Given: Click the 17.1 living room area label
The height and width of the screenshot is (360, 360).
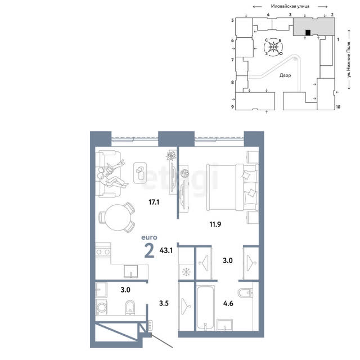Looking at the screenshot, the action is tap(154, 202).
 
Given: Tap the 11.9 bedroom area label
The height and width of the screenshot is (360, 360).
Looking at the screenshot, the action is tap(215, 224).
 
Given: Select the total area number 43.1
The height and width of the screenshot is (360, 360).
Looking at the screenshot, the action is tap(166, 250).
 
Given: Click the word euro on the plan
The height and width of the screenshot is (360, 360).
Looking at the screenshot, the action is tap(150, 237).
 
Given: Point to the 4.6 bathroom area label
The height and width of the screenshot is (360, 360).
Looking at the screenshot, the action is tap(228, 304).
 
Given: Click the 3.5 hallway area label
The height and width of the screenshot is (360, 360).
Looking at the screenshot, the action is tap(164, 303).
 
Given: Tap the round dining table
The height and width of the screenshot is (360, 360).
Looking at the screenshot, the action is tap(118, 218).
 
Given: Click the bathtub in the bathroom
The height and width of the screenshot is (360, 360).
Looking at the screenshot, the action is tap(205, 308).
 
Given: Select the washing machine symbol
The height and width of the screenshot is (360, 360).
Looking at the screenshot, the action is tap(101, 307).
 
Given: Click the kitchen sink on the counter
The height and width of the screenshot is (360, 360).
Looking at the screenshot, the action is tap(130, 271).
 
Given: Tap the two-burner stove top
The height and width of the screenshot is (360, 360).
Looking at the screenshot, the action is tap(103, 252).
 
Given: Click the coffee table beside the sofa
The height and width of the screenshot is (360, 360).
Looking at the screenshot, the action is tap(140, 173).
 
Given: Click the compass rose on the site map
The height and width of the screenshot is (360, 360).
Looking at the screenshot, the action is tap(273, 47).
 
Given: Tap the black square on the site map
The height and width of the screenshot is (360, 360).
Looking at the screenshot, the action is tap(308, 33).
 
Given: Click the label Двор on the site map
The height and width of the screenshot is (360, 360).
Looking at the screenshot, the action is tap(285, 75).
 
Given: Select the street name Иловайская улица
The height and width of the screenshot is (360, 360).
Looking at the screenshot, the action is tap(290, 6).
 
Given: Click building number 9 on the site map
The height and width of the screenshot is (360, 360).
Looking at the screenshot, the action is tap(232, 107).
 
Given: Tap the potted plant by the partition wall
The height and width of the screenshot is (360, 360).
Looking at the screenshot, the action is tap(171, 156).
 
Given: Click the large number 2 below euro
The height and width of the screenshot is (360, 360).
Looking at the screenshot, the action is tap(149, 251).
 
